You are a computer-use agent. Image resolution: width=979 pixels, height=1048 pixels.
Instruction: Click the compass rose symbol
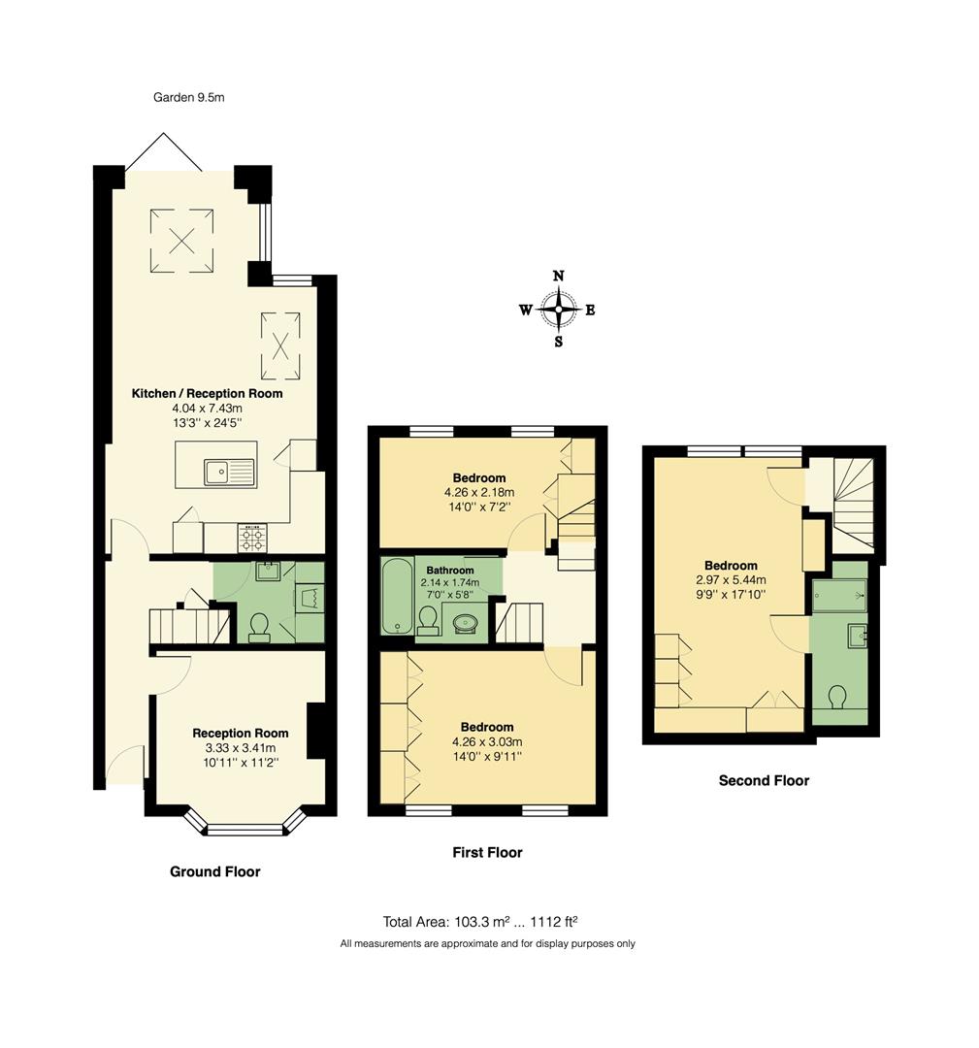pyautogui.click(x=558, y=311)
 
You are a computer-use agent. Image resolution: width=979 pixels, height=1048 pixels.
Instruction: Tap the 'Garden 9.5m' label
pyautogui.click(x=189, y=97)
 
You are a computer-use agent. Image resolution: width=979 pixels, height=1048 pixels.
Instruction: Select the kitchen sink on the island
pyautogui.click(x=229, y=473)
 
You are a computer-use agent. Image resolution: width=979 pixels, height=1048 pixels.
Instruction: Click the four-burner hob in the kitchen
pyautogui.click(x=252, y=537)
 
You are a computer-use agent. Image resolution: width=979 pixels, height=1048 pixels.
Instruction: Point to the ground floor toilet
pyautogui.click(x=259, y=628)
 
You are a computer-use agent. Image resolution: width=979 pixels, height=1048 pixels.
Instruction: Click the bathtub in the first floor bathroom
pyautogui.click(x=395, y=596)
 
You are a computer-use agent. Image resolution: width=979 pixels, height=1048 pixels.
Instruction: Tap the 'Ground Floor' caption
pyautogui.click(x=214, y=871)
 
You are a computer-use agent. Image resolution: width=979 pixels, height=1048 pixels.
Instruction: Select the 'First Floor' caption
pyautogui.click(x=487, y=852)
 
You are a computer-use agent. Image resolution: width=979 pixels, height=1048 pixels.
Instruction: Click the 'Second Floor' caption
pyautogui.click(x=764, y=780)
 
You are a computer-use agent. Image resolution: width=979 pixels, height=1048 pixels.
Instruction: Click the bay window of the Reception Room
pyautogui.click(x=244, y=828)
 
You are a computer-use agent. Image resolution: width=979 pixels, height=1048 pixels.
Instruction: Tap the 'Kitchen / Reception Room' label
pyautogui.click(x=208, y=393)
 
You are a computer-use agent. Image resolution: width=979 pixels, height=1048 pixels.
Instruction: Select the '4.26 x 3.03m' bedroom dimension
pyautogui.click(x=487, y=742)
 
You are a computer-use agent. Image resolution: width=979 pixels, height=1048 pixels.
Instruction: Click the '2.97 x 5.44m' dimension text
pyautogui.click(x=731, y=581)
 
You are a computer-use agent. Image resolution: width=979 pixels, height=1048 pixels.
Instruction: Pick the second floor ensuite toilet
pyautogui.click(x=840, y=698)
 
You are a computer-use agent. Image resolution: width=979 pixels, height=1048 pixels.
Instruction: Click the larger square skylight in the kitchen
pyautogui.click(x=181, y=239)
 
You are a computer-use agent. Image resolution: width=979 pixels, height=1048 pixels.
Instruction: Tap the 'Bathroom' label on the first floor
pyautogui.click(x=450, y=570)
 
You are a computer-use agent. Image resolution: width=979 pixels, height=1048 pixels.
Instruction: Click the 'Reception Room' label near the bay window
pyautogui.click(x=241, y=733)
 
